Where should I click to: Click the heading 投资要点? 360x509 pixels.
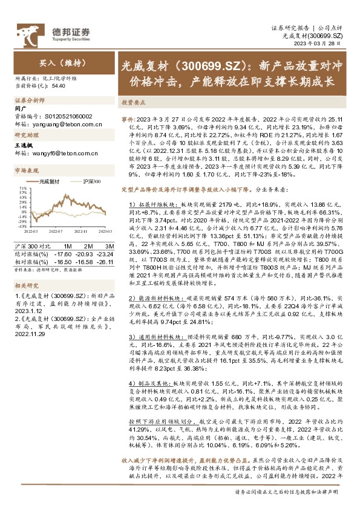click(134, 103)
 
